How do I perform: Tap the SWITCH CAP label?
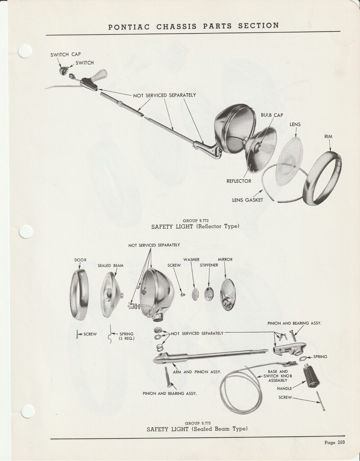[x=65, y=55]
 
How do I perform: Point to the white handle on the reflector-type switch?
[x=100, y=75]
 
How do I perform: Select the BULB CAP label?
[x=272, y=115]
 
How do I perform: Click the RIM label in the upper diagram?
[x=328, y=137]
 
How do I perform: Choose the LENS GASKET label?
[x=247, y=200]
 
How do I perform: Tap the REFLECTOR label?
[x=239, y=181]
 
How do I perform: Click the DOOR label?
[x=80, y=260]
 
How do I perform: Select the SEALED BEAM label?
[x=111, y=266]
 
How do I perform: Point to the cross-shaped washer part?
[x=195, y=294]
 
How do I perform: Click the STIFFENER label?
[x=209, y=265]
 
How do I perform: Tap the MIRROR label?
[x=225, y=259]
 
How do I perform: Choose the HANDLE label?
[x=285, y=389]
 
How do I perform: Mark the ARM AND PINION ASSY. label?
[x=197, y=372]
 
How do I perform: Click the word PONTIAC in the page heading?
[x=129, y=27]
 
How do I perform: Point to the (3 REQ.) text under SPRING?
[x=127, y=338]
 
